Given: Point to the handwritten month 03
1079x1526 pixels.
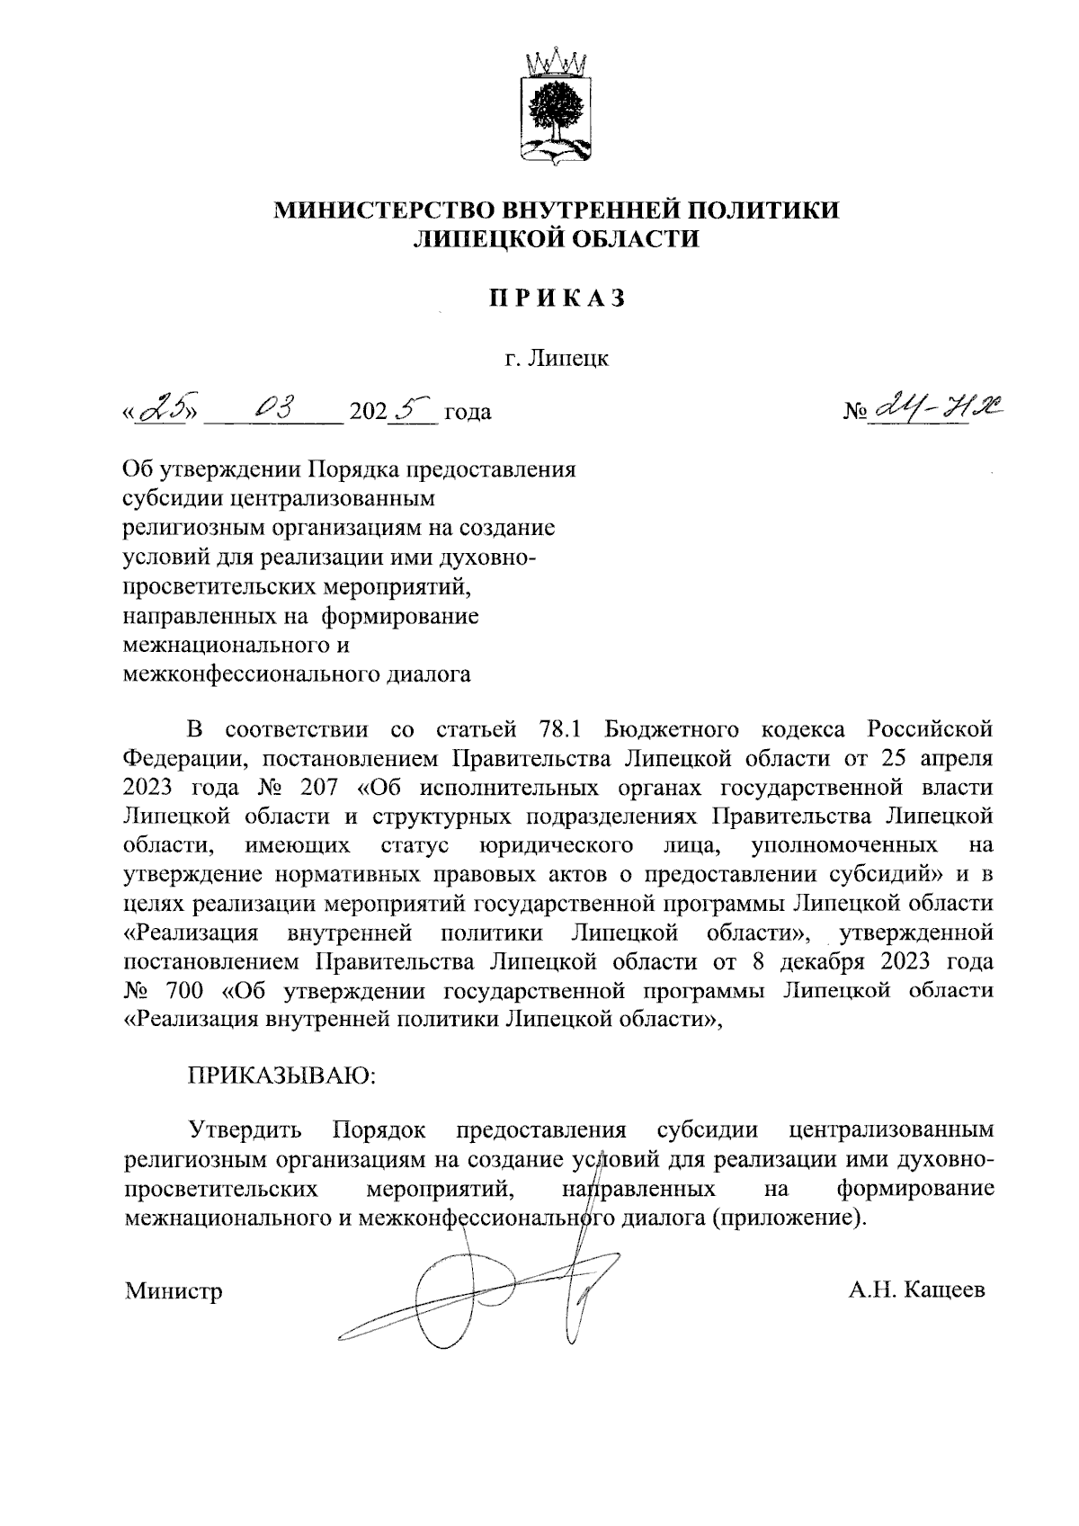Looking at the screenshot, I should coord(272,410).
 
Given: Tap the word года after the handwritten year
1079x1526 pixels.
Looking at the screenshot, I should coord(468,414).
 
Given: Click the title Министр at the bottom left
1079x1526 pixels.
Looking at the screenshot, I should coord(174,1292).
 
